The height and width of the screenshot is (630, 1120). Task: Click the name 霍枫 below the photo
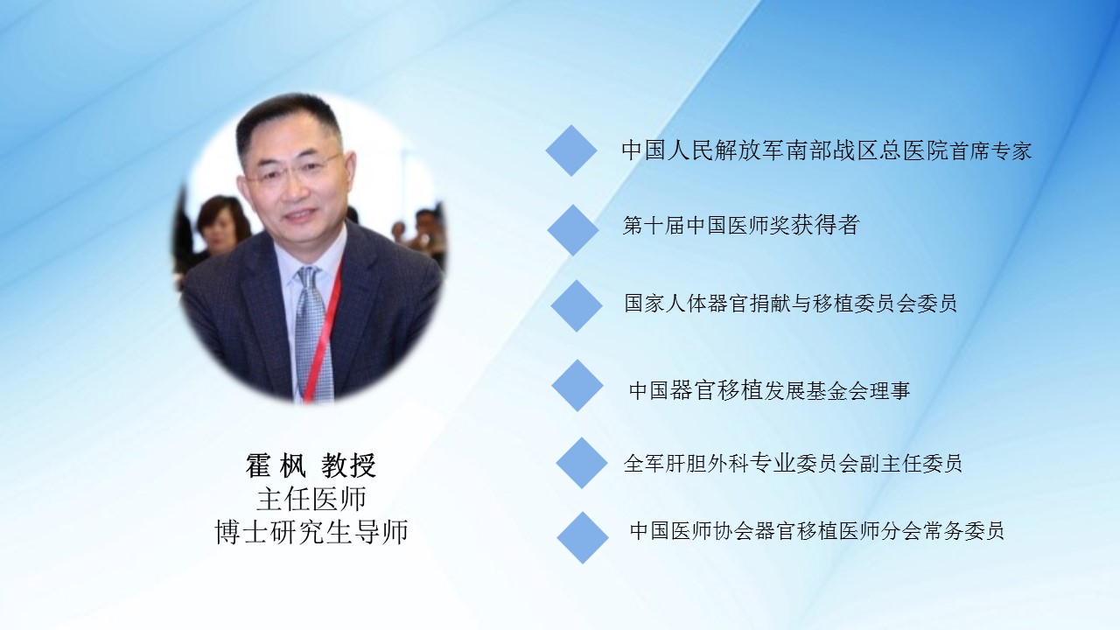tap(276, 465)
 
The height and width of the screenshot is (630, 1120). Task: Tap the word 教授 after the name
tap(348, 465)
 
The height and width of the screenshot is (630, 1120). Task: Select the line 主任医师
tap(311, 499)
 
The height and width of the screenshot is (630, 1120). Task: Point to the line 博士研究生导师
tap(311, 531)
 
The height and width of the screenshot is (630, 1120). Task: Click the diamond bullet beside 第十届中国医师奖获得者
tap(573, 230)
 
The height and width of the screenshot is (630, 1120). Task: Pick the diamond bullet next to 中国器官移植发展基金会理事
tap(577, 386)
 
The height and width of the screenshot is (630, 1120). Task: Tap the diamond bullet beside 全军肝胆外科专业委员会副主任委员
tap(582, 463)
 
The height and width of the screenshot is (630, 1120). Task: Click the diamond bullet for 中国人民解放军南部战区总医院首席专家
tap(571, 150)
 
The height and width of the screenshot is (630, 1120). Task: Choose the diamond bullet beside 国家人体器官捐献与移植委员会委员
tap(577, 306)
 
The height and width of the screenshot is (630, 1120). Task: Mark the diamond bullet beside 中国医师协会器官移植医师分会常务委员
tap(583, 538)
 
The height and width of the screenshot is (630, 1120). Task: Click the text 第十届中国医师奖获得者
tap(741, 225)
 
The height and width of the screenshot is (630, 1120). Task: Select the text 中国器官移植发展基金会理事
tap(769, 390)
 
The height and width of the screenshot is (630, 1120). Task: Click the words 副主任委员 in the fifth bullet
tap(911, 464)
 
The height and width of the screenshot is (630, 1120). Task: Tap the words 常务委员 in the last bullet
tap(963, 530)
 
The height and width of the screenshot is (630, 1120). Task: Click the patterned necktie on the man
tap(314, 332)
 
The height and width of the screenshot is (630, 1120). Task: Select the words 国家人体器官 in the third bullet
tap(687, 304)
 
